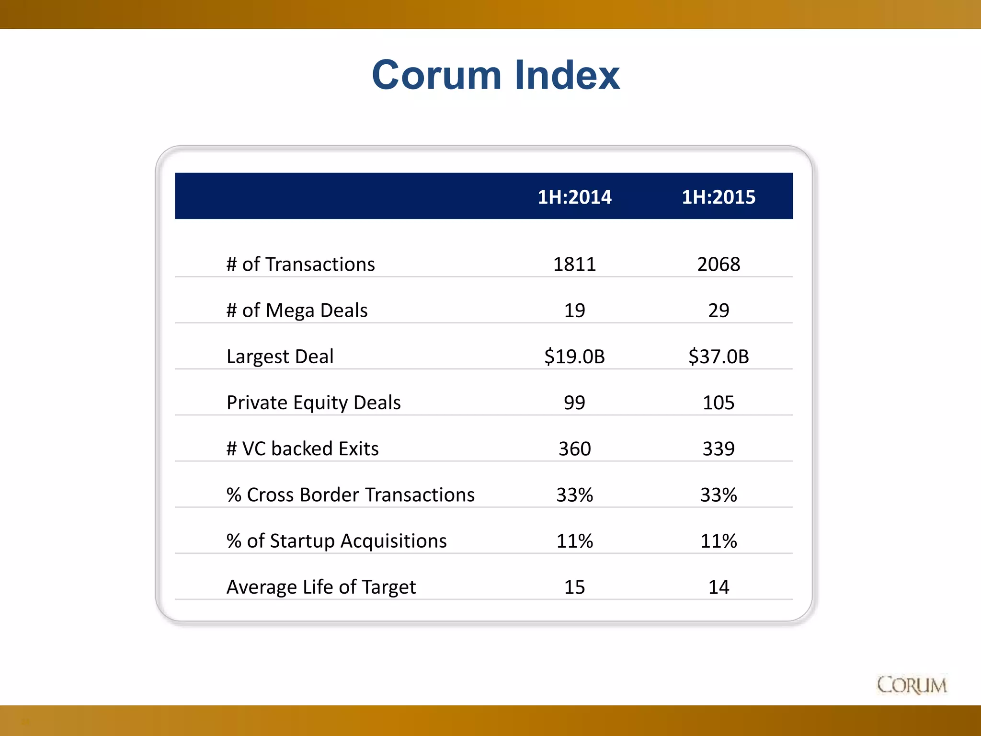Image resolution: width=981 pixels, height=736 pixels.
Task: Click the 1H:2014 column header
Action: [574, 197]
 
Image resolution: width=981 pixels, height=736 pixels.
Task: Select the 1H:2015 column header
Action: [719, 197]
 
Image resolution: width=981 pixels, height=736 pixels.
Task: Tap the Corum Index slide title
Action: [496, 75]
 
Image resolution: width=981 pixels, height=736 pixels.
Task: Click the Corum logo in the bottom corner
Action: [912, 685]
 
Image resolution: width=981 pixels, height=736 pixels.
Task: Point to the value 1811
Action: [574, 264]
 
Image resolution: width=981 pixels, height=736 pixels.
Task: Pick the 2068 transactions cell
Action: [719, 264]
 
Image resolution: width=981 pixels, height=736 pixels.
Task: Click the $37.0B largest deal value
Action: [719, 356]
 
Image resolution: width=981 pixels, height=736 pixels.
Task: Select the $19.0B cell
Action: [574, 356]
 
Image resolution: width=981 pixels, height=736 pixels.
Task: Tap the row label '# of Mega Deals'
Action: [297, 310]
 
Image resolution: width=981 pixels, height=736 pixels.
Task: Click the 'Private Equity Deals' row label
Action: [313, 402]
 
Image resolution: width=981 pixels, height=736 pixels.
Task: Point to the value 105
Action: [719, 402]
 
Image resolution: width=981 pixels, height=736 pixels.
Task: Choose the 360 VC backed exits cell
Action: [574, 448]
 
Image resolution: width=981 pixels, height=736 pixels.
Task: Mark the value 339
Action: [719, 448]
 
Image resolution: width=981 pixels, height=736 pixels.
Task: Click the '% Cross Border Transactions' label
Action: [350, 494]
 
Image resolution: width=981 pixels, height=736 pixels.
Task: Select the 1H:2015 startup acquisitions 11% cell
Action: [719, 541]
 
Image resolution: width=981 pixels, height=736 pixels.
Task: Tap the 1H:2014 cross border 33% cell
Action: [574, 494]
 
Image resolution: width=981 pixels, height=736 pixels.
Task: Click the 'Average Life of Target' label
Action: [321, 587]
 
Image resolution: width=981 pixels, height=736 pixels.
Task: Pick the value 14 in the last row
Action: [719, 587]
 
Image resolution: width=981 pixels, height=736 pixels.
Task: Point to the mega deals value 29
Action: [719, 310]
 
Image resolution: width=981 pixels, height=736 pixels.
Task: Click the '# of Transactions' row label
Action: [300, 264]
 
